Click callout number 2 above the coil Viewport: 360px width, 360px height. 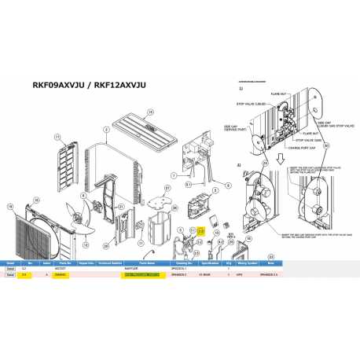click(x=105, y=129)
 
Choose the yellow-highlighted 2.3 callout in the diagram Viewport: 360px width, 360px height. click(x=200, y=230)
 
